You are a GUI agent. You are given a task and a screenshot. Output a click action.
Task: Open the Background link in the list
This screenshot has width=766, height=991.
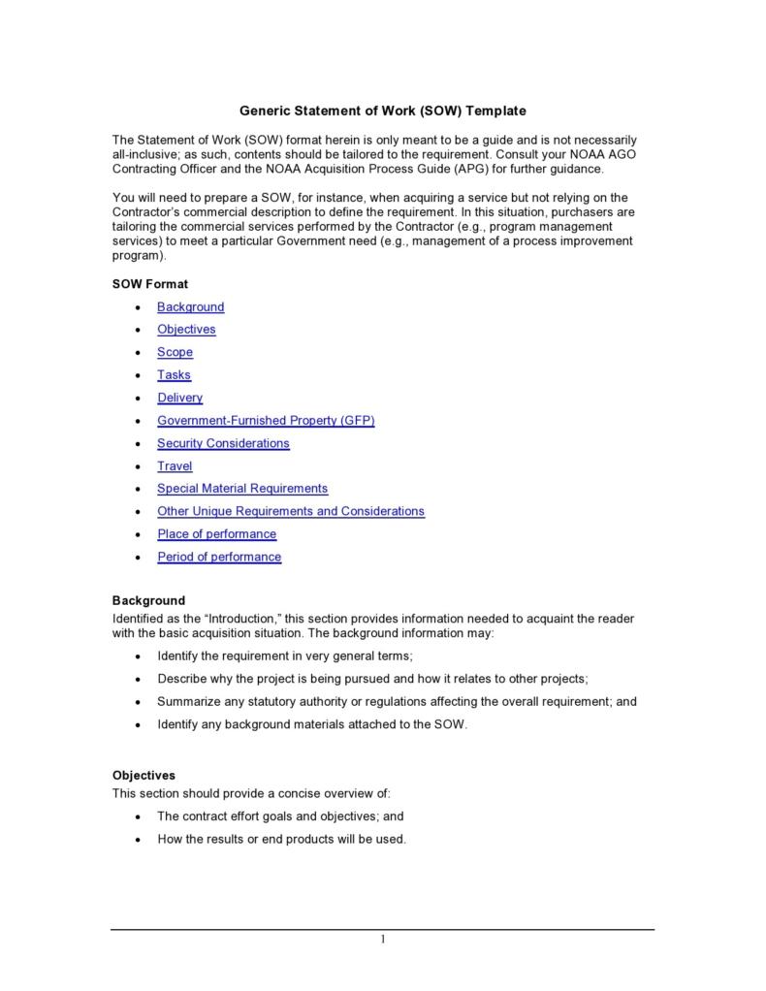tap(191, 307)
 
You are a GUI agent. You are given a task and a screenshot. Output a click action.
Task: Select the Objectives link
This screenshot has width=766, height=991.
tap(186, 330)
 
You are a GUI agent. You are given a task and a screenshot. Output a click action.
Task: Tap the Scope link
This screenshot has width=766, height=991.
tap(176, 353)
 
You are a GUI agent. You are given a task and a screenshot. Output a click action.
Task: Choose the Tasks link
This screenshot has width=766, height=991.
tap(175, 375)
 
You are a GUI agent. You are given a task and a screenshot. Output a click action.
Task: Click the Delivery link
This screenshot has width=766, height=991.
tap(180, 399)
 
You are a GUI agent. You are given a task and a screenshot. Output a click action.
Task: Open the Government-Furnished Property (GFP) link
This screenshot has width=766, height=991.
tap(266, 421)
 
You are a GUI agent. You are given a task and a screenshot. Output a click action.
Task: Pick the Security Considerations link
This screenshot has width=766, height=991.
tap(223, 444)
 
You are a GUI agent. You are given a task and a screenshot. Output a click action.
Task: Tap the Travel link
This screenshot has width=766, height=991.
tap(175, 466)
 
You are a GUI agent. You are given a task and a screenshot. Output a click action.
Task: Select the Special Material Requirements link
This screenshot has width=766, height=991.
tap(242, 489)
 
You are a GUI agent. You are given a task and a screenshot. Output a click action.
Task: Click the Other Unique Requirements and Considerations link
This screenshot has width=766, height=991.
tap(291, 512)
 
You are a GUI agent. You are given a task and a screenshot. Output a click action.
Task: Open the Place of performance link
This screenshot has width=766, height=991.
tap(217, 534)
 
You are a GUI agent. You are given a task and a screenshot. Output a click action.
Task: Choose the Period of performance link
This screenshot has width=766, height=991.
tap(219, 558)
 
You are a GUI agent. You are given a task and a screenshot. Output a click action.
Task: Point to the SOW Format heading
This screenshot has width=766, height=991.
tap(150, 284)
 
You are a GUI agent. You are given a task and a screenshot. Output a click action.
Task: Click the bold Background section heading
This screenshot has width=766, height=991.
tap(148, 601)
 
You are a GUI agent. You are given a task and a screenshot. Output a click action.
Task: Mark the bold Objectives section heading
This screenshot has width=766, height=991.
tap(144, 776)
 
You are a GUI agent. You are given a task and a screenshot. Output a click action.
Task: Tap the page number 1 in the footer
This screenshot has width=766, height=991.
tap(383, 939)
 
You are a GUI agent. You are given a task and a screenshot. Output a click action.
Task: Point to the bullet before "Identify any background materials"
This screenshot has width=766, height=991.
tap(137, 725)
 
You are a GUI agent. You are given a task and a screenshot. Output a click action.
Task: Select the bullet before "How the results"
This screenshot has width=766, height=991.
tap(137, 840)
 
